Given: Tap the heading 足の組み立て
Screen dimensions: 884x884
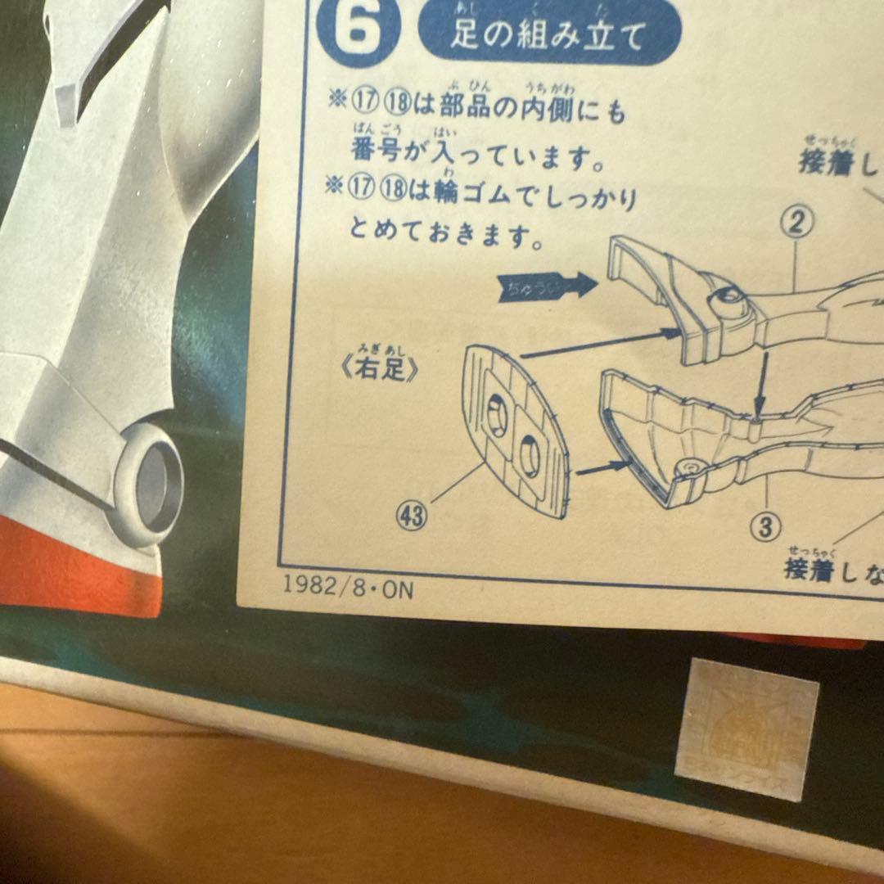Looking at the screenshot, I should [x=548, y=34].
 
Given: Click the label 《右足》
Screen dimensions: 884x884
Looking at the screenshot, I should [x=384, y=370].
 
